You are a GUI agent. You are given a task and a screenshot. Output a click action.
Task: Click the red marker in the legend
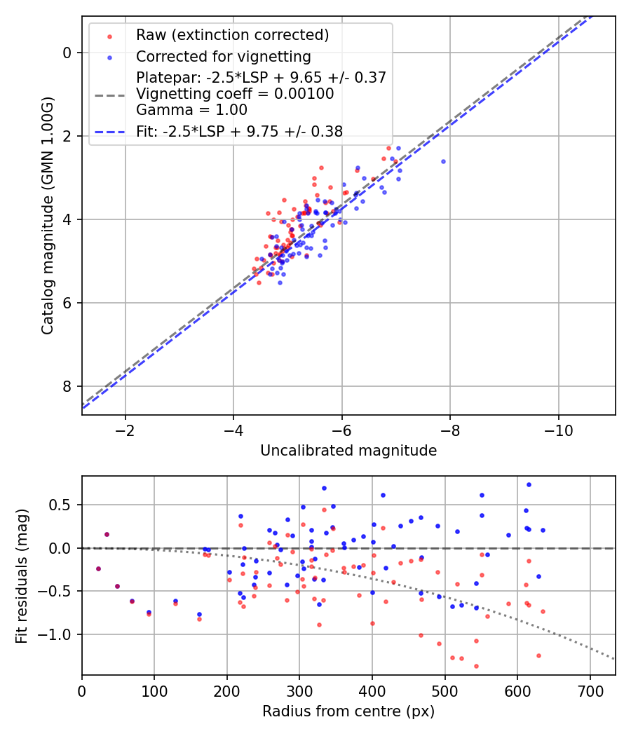pos(109,36)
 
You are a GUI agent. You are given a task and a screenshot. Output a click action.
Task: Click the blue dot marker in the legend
pos(109,57)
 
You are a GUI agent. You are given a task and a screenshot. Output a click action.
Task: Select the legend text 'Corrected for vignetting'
pos(224,57)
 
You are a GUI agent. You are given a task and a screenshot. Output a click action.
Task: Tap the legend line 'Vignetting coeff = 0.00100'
pos(235,93)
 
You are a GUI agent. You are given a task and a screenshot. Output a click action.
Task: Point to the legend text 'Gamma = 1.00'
pos(191,110)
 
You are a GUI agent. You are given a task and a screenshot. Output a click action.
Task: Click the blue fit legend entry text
pos(240,132)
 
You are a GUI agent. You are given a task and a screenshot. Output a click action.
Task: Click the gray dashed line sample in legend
pos(110,95)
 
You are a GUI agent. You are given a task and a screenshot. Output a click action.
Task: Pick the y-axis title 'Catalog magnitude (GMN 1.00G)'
pos(48,215)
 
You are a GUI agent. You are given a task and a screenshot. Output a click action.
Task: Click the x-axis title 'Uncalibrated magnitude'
pos(348,451)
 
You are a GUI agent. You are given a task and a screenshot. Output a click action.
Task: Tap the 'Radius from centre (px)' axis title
pos(348,711)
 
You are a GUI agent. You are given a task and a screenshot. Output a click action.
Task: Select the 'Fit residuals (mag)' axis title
pos(22,576)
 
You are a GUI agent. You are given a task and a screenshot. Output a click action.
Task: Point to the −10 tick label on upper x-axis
pos(558,430)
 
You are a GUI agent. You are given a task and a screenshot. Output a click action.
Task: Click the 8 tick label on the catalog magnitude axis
pos(67,386)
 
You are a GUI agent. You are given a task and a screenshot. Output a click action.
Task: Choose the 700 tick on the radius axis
pos(590,691)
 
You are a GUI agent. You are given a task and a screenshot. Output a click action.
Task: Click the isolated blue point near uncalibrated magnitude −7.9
pos(443,161)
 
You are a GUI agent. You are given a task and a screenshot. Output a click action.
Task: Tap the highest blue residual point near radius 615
pos(529,485)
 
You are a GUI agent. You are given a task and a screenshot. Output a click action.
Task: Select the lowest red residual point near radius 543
pos(476,666)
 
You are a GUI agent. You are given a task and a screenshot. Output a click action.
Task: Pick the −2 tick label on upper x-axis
pos(125,430)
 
